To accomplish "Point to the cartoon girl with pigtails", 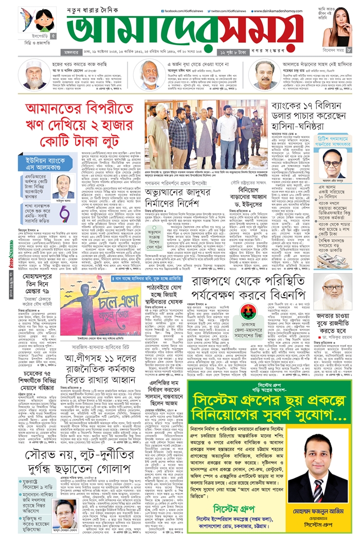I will (x=44, y=21).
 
